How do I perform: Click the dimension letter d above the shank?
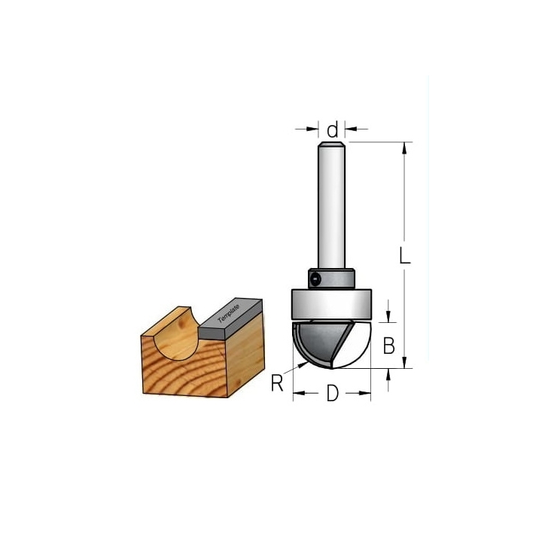point(333,129)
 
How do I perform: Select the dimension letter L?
point(405,255)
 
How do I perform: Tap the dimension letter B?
point(389,346)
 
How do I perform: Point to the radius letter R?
point(277,382)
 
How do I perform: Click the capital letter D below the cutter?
point(333,393)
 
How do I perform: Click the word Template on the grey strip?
point(229,314)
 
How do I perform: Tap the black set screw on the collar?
point(315,279)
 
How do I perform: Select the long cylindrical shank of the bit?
point(331,206)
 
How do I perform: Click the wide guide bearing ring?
point(331,303)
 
